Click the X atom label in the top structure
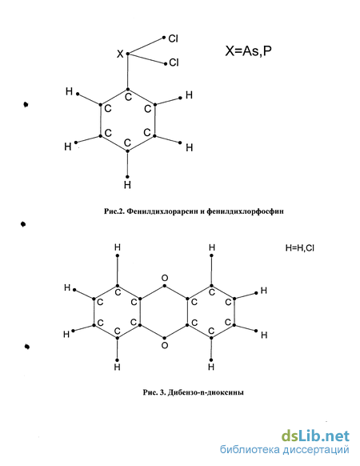click(x=120, y=54)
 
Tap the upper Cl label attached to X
click(x=173, y=38)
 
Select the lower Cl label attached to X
click(x=174, y=62)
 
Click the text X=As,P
click(x=248, y=51)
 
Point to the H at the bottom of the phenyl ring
click(x=127, y=185)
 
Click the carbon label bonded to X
click(x=128, y=97)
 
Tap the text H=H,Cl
click(x=300, y=248)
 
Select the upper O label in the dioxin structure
click(x=165, y=278)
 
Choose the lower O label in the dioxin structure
click(x=165, y=345)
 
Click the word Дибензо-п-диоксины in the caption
click(x=206, y=392)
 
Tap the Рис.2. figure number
click(x=114, y=211)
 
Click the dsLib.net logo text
click(x=315, y=436)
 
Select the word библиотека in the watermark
click(x=250, y=449)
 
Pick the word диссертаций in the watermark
click(x=316, y=450)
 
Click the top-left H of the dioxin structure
click(x=118, y=247)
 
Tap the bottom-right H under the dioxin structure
click(x=211, y=368)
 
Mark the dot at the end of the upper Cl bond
click(x=164, y=38)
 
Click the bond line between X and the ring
click(x=128, y=71)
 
